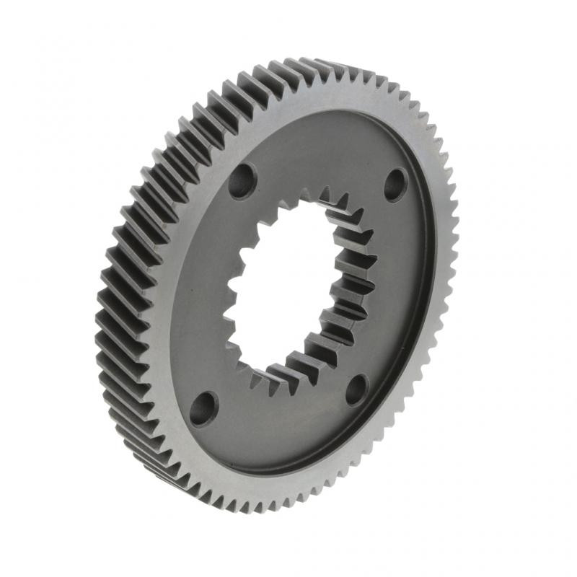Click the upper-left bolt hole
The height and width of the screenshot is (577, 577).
(x=242, y=181)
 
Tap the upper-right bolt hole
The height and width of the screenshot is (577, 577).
(x=395, y=185)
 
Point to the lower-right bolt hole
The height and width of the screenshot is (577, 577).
(x=357, y=389)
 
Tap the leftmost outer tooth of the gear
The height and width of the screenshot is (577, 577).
(x=101, y=303)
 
